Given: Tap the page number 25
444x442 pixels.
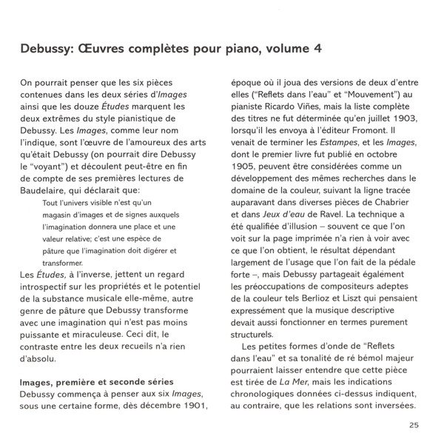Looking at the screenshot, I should tap(414, 425).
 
